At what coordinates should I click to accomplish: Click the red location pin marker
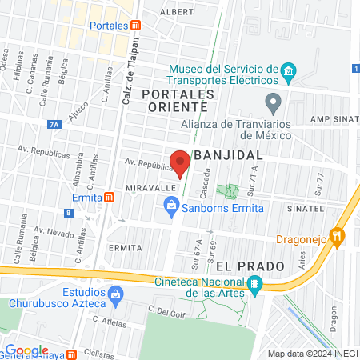[x=180, y=162]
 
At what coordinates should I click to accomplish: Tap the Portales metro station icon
[x=135, y=25]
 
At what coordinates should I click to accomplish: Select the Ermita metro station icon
[x=108, y=197]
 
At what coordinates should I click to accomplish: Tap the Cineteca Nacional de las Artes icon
[x=254, y=283]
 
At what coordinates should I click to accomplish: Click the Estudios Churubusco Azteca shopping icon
[x=116, y=295]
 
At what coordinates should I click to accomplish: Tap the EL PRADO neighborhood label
[x=239, y=265]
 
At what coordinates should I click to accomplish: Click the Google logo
[x=26, y=350]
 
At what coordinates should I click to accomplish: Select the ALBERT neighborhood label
[x=177, y=12]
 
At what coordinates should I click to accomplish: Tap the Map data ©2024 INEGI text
[x=311, y=354]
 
